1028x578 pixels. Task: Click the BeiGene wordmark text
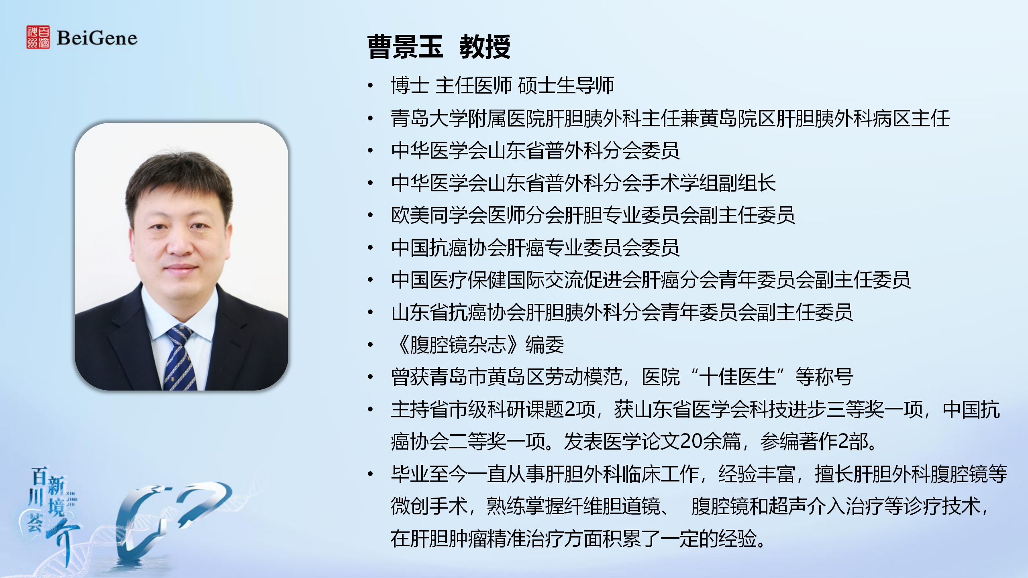[x=97, y=38]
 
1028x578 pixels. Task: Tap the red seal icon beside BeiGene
[x=38, y=37]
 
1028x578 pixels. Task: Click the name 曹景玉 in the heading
[x=405, y=47]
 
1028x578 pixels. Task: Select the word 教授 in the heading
[x=485, y=47]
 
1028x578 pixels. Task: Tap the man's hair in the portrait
[x=179, y=181]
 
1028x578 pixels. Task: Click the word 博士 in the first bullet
[x=410, y=85]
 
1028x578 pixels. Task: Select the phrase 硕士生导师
[x=566, y=85]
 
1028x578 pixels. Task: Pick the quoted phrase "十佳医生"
[x=737, y=377]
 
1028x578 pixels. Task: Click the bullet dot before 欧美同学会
[x=370, y=215]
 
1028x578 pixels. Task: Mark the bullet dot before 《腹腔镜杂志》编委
[x=370, y=345]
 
